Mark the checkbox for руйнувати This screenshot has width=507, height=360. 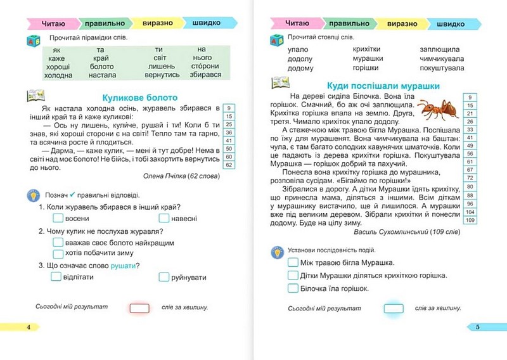(x=164, y=277)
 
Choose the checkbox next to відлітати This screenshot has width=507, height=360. (x=56, y=277)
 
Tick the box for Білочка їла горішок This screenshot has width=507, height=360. (x=293, y=288)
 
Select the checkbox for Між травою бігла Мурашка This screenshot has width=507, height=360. (x=293, y=262)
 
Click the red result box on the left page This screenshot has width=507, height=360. (x=139, y=308)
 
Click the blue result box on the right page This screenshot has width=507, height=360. (x=393, y=309)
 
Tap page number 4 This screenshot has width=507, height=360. (x=28, y=327)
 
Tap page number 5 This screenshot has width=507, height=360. (x=478, y=327)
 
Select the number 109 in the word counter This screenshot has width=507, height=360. (x=470, y=220)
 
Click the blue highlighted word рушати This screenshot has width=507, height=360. (x=124, y=265)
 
